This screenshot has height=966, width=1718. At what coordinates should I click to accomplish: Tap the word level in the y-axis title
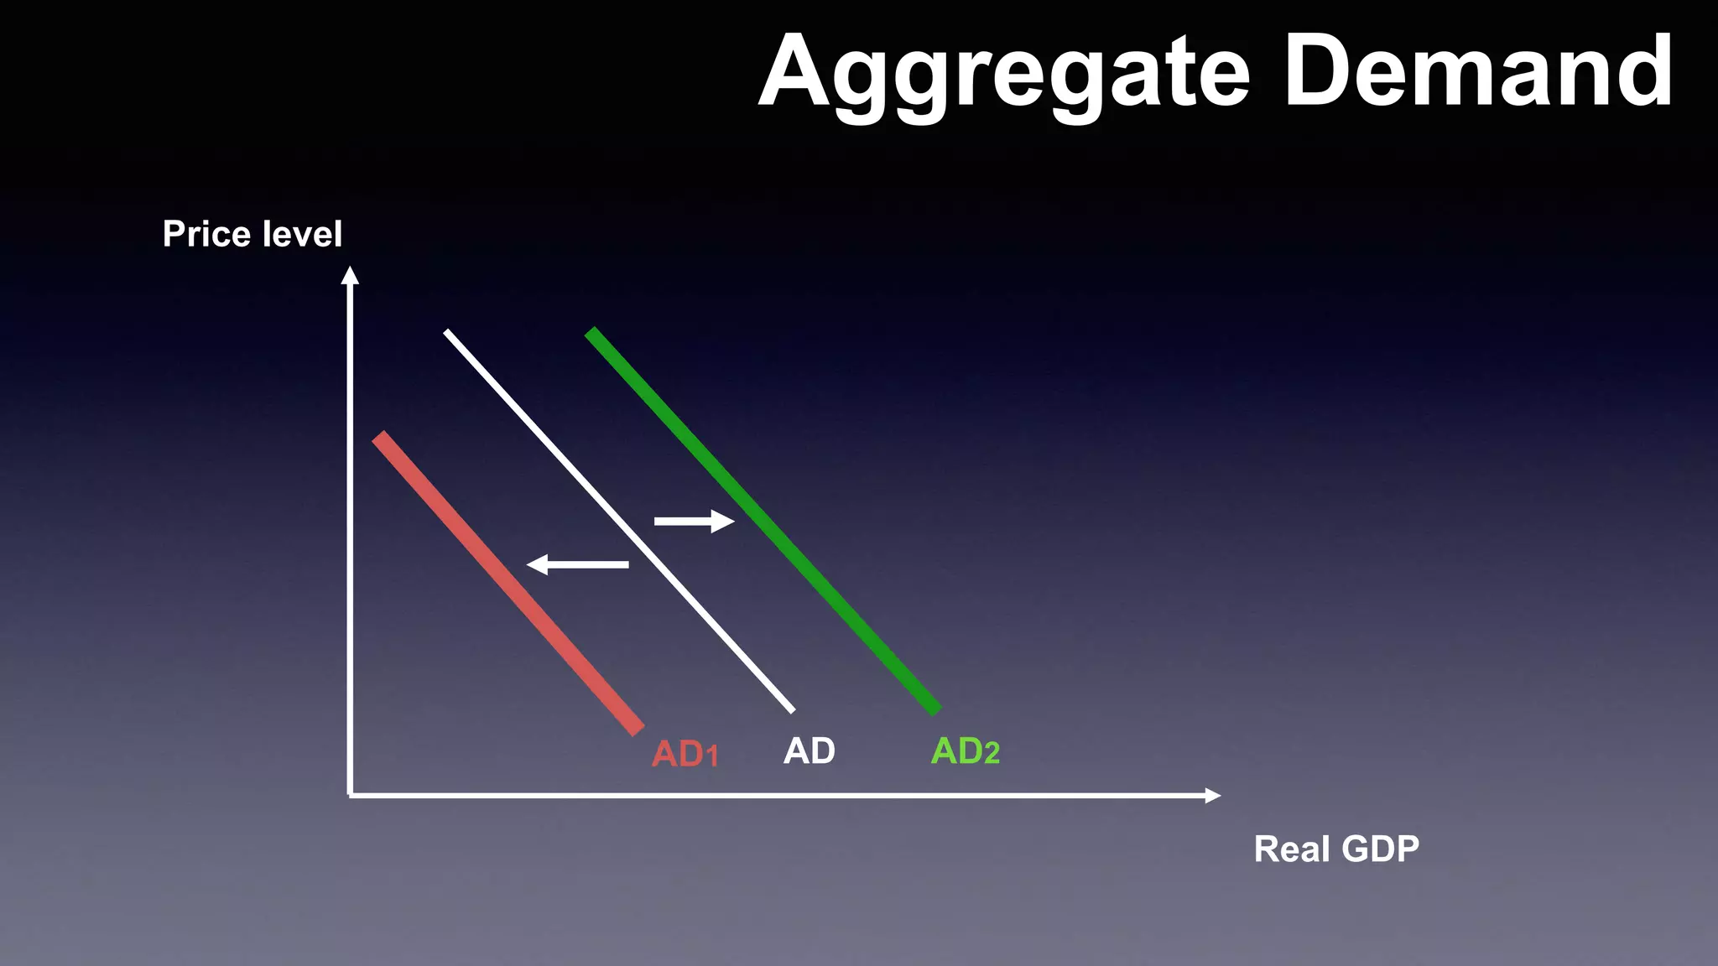[302, 234]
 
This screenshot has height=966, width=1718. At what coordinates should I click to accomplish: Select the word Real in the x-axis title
[1291, 849]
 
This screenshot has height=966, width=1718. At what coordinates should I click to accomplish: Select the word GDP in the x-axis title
[1380, 849]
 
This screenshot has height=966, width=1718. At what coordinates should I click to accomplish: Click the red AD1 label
[685, 754]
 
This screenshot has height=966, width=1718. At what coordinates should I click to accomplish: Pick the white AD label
[809, 751]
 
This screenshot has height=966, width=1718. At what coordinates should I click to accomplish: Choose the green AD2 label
[965, 751]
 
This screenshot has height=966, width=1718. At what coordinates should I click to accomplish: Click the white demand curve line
[618, 521]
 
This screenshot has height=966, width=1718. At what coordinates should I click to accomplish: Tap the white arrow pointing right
[694, 522]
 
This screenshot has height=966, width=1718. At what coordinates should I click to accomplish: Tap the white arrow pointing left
[577, 565]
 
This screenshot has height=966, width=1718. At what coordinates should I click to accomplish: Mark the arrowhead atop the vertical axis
[350, 275]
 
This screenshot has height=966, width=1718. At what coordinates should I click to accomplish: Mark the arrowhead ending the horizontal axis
[1212, 795]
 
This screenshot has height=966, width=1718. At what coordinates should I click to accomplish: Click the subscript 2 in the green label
[992, 755]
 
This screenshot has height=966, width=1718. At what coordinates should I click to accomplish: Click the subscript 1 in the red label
[712, 758]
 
